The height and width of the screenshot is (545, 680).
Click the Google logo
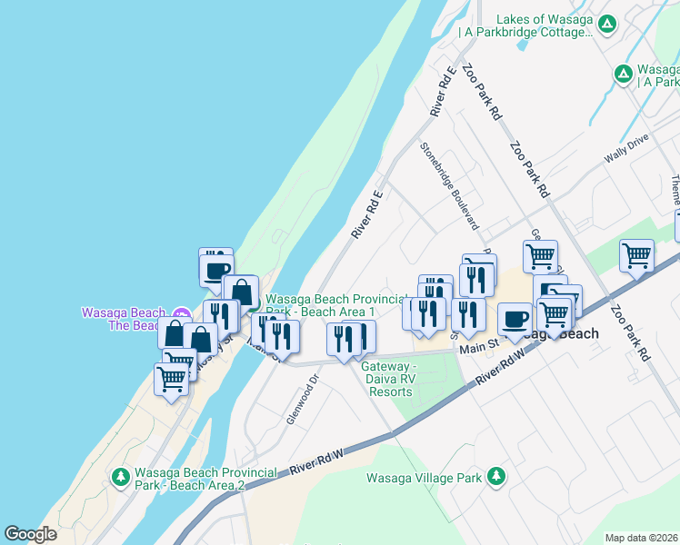click(30, 534)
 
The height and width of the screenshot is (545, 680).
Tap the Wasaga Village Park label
click(423, 478)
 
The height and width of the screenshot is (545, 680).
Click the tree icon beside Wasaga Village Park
click(495, 476)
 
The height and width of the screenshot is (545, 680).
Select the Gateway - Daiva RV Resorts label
click(390, 379)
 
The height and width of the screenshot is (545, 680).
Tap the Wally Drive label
click(625, 150)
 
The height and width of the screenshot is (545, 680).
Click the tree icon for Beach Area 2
click(120, 476)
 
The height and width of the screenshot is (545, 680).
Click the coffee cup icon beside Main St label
click(515, 319)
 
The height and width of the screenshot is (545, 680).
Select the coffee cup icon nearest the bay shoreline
click(216, 270)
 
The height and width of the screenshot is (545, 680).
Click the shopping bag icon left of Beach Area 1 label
click(241, 292)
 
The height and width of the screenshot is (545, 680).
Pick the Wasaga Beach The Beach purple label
click(123, 319)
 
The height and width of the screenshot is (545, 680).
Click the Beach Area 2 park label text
click(189, 479)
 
